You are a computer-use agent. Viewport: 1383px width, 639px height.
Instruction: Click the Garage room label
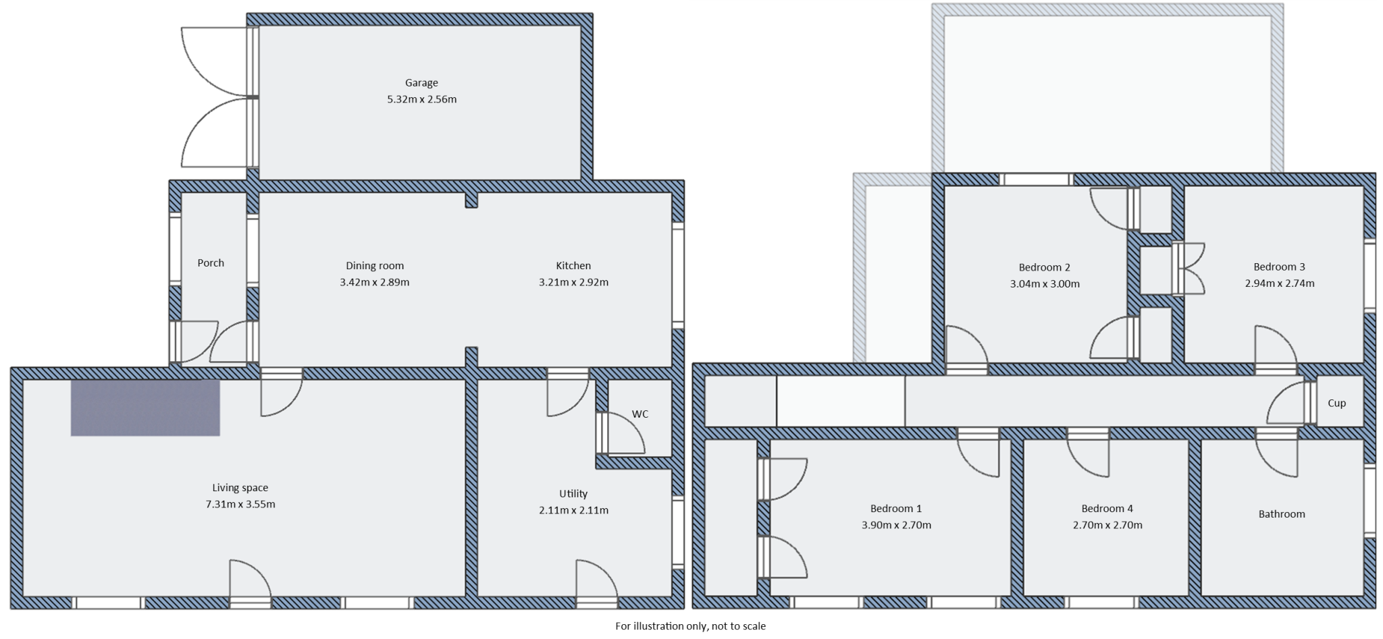421,83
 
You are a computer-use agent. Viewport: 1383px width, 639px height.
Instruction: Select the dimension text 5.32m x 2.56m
421,99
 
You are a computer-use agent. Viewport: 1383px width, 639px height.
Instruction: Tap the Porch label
211,263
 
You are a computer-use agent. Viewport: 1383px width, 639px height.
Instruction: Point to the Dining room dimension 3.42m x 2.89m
374,282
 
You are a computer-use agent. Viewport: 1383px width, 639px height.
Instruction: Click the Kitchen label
573,266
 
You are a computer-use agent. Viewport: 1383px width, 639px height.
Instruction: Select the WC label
640,414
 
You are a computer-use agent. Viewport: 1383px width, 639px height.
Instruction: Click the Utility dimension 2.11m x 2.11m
573,510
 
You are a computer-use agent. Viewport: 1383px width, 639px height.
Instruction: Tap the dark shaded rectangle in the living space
145,408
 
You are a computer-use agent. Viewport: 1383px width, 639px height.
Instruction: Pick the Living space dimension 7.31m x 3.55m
240,504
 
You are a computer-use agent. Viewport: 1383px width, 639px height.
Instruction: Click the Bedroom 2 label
1044,267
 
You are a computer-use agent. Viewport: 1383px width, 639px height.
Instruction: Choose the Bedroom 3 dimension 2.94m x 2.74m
1280,283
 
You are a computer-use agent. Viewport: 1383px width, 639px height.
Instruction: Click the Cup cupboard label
1336,404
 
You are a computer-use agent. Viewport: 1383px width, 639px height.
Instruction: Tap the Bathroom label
1281,514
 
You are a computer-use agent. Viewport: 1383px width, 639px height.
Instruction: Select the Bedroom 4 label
1107,509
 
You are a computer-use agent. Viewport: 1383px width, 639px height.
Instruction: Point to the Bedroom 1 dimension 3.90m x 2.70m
896,525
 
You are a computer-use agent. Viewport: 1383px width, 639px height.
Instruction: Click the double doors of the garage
216,98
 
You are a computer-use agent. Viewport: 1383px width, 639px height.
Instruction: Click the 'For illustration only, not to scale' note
690,626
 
